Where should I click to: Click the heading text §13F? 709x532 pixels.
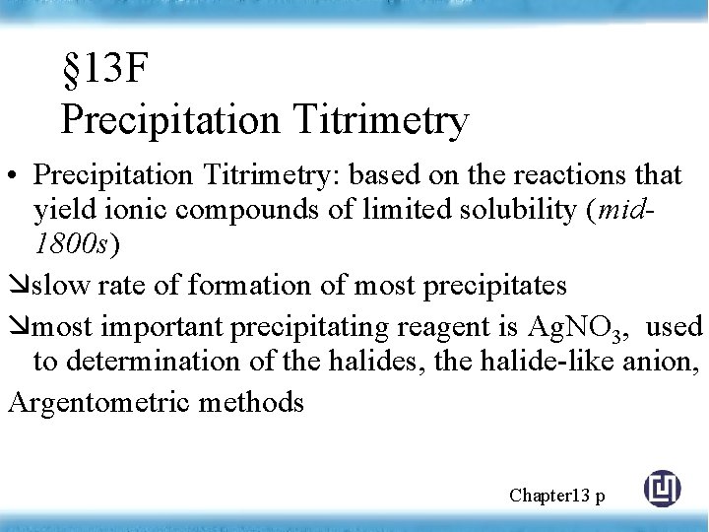click(x=103, y=71)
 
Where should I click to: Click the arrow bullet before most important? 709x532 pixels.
click(x=20, y=326)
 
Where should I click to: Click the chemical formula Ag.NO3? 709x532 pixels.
click(x=572, y=327)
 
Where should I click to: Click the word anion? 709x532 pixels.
click(x=664, y=363)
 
